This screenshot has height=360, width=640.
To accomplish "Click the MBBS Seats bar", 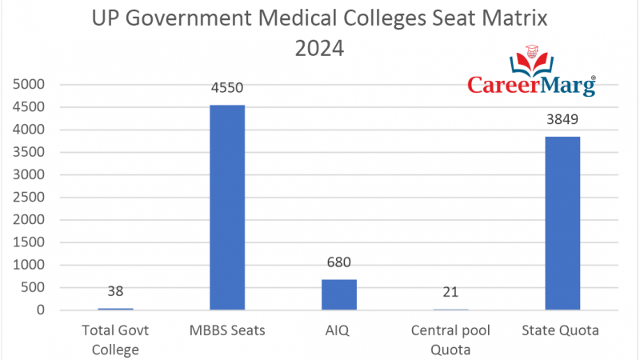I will point(227,207).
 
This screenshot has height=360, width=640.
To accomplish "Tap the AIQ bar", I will point(339,294).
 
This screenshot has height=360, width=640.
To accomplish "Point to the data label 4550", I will point(227,89).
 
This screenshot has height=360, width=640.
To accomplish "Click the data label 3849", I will point(562,121).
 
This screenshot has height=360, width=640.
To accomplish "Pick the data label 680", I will point(339,263).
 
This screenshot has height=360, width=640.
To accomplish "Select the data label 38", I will point(115,292).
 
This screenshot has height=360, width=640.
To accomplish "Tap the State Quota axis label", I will point(562,330).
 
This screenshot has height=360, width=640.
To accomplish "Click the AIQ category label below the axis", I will point(339,330).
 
